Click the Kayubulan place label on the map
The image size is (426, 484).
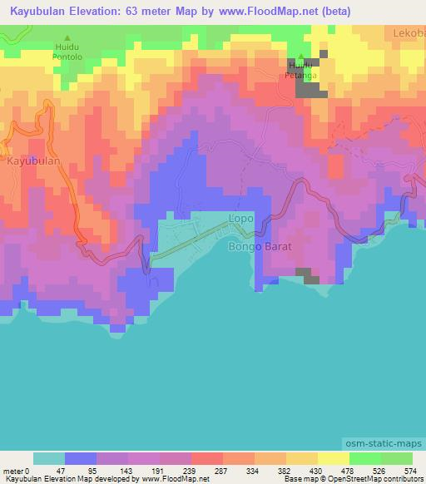tap(33, 161)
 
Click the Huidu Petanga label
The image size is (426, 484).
tap(300, 69)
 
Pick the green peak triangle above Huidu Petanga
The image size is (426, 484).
tap(300, 55)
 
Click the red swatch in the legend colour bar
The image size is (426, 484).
tap(207, 458)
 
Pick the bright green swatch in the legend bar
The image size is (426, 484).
tap(365, 458)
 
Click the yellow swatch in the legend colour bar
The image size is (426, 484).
tap(334, 458)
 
